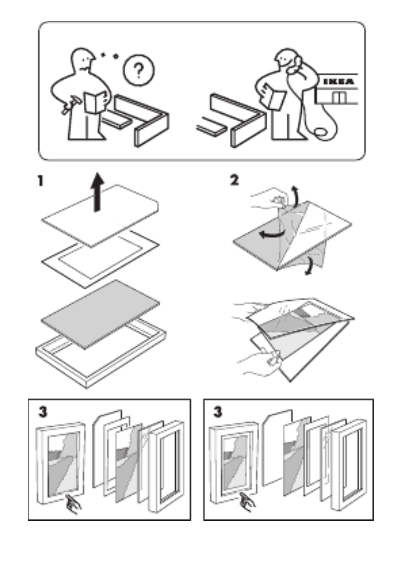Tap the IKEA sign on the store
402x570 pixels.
point(337,81)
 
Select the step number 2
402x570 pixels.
point(234,181)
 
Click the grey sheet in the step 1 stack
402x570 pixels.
point(100,312)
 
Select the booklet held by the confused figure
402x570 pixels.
point(96,100)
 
